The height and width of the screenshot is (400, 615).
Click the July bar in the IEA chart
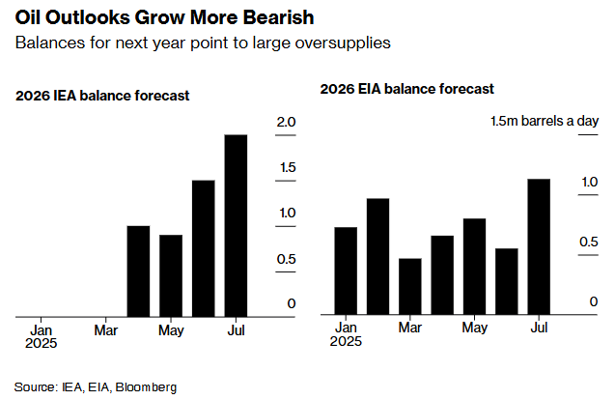pyautogui.click(x=236, y=224)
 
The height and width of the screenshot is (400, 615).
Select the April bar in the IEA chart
pyautogui.click(x=139, y=271)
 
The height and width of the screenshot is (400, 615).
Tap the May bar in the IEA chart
pyautogui.click(x=171, y=275)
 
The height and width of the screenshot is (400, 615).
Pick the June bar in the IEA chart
pyautogui.click(x=203, y=247)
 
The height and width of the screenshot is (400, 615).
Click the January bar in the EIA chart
pyautogui.click(x=346, y=271)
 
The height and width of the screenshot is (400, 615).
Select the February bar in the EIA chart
pyautogui.click(x=377, y=257)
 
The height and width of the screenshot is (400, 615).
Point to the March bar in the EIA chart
pyautogui.click(x=410, y=287)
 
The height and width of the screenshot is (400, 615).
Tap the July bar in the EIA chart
pyautogui.click(x=539, y=247)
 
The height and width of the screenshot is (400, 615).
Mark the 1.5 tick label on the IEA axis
pyautogui.click(x=286, y=167)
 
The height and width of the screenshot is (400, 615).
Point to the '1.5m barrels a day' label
pyautogui.click(x=545, y=121)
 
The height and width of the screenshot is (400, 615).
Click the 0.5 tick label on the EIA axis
pyautogui.click(x=588, y=243)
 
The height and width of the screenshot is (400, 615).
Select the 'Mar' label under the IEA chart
pyautogui.click(x=106, y=330)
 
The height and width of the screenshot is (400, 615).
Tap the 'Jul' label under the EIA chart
pyautogui.click(x=539, y=329)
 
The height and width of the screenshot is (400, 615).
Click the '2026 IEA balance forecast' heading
pyautogui.click(x=102, y=96)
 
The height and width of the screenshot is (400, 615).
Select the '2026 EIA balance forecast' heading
pyautogui.click(x=407, y=88)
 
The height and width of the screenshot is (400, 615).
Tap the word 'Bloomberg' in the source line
pyautogui.click(x=147, y=386)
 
